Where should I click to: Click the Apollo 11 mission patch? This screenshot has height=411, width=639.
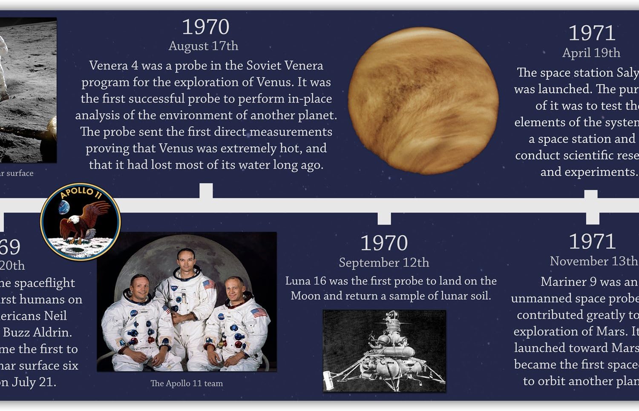point(80,221)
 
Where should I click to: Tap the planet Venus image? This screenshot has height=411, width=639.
point(423,101)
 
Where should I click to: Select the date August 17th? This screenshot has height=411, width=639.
point(203,46)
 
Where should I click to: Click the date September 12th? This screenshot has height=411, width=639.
point(384,262)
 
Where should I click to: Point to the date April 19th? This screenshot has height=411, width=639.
point(591,53)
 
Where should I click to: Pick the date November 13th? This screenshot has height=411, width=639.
point(593,261)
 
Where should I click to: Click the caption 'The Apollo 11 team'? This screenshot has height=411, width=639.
point(187,383)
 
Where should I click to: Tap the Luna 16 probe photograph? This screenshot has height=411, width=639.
point(384,351)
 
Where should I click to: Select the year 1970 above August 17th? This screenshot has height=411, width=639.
point(205,27)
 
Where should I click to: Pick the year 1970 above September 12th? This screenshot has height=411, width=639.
point(384,243)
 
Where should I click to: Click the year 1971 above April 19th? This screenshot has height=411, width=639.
point(592,33)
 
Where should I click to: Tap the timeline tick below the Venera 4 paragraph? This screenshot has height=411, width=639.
point(206,190)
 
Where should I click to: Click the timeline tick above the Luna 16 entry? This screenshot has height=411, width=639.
point(384,218)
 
